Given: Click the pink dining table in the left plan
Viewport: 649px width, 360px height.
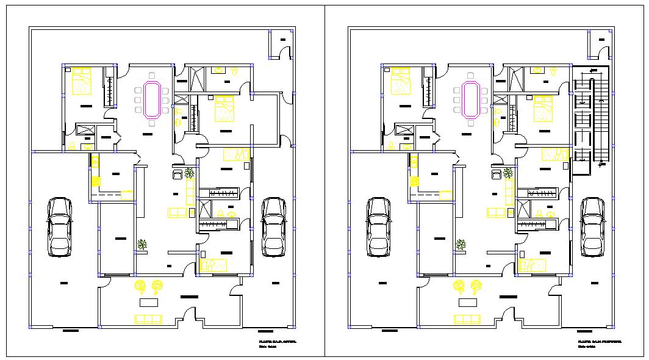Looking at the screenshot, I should tap(151, 100).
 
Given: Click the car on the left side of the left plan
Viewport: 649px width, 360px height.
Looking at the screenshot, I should tap(60, 226).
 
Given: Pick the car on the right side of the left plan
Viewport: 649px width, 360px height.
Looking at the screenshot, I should tap(273, 226).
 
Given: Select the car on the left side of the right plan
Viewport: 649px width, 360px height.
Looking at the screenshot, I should tap(378, 226).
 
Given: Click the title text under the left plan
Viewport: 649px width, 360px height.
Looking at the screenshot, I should tap(277, 343).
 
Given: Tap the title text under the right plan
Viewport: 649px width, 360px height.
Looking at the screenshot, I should tap(598, 343).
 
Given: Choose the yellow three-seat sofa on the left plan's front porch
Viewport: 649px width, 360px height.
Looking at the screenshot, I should tap(148, 319).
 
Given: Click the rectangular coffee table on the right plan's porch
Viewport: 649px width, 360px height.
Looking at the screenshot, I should tap(467, 303).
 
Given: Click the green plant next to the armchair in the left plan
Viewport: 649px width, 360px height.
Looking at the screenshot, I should tap(190, 173).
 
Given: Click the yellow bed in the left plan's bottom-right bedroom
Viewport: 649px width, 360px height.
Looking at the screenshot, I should tap(213, 265).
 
